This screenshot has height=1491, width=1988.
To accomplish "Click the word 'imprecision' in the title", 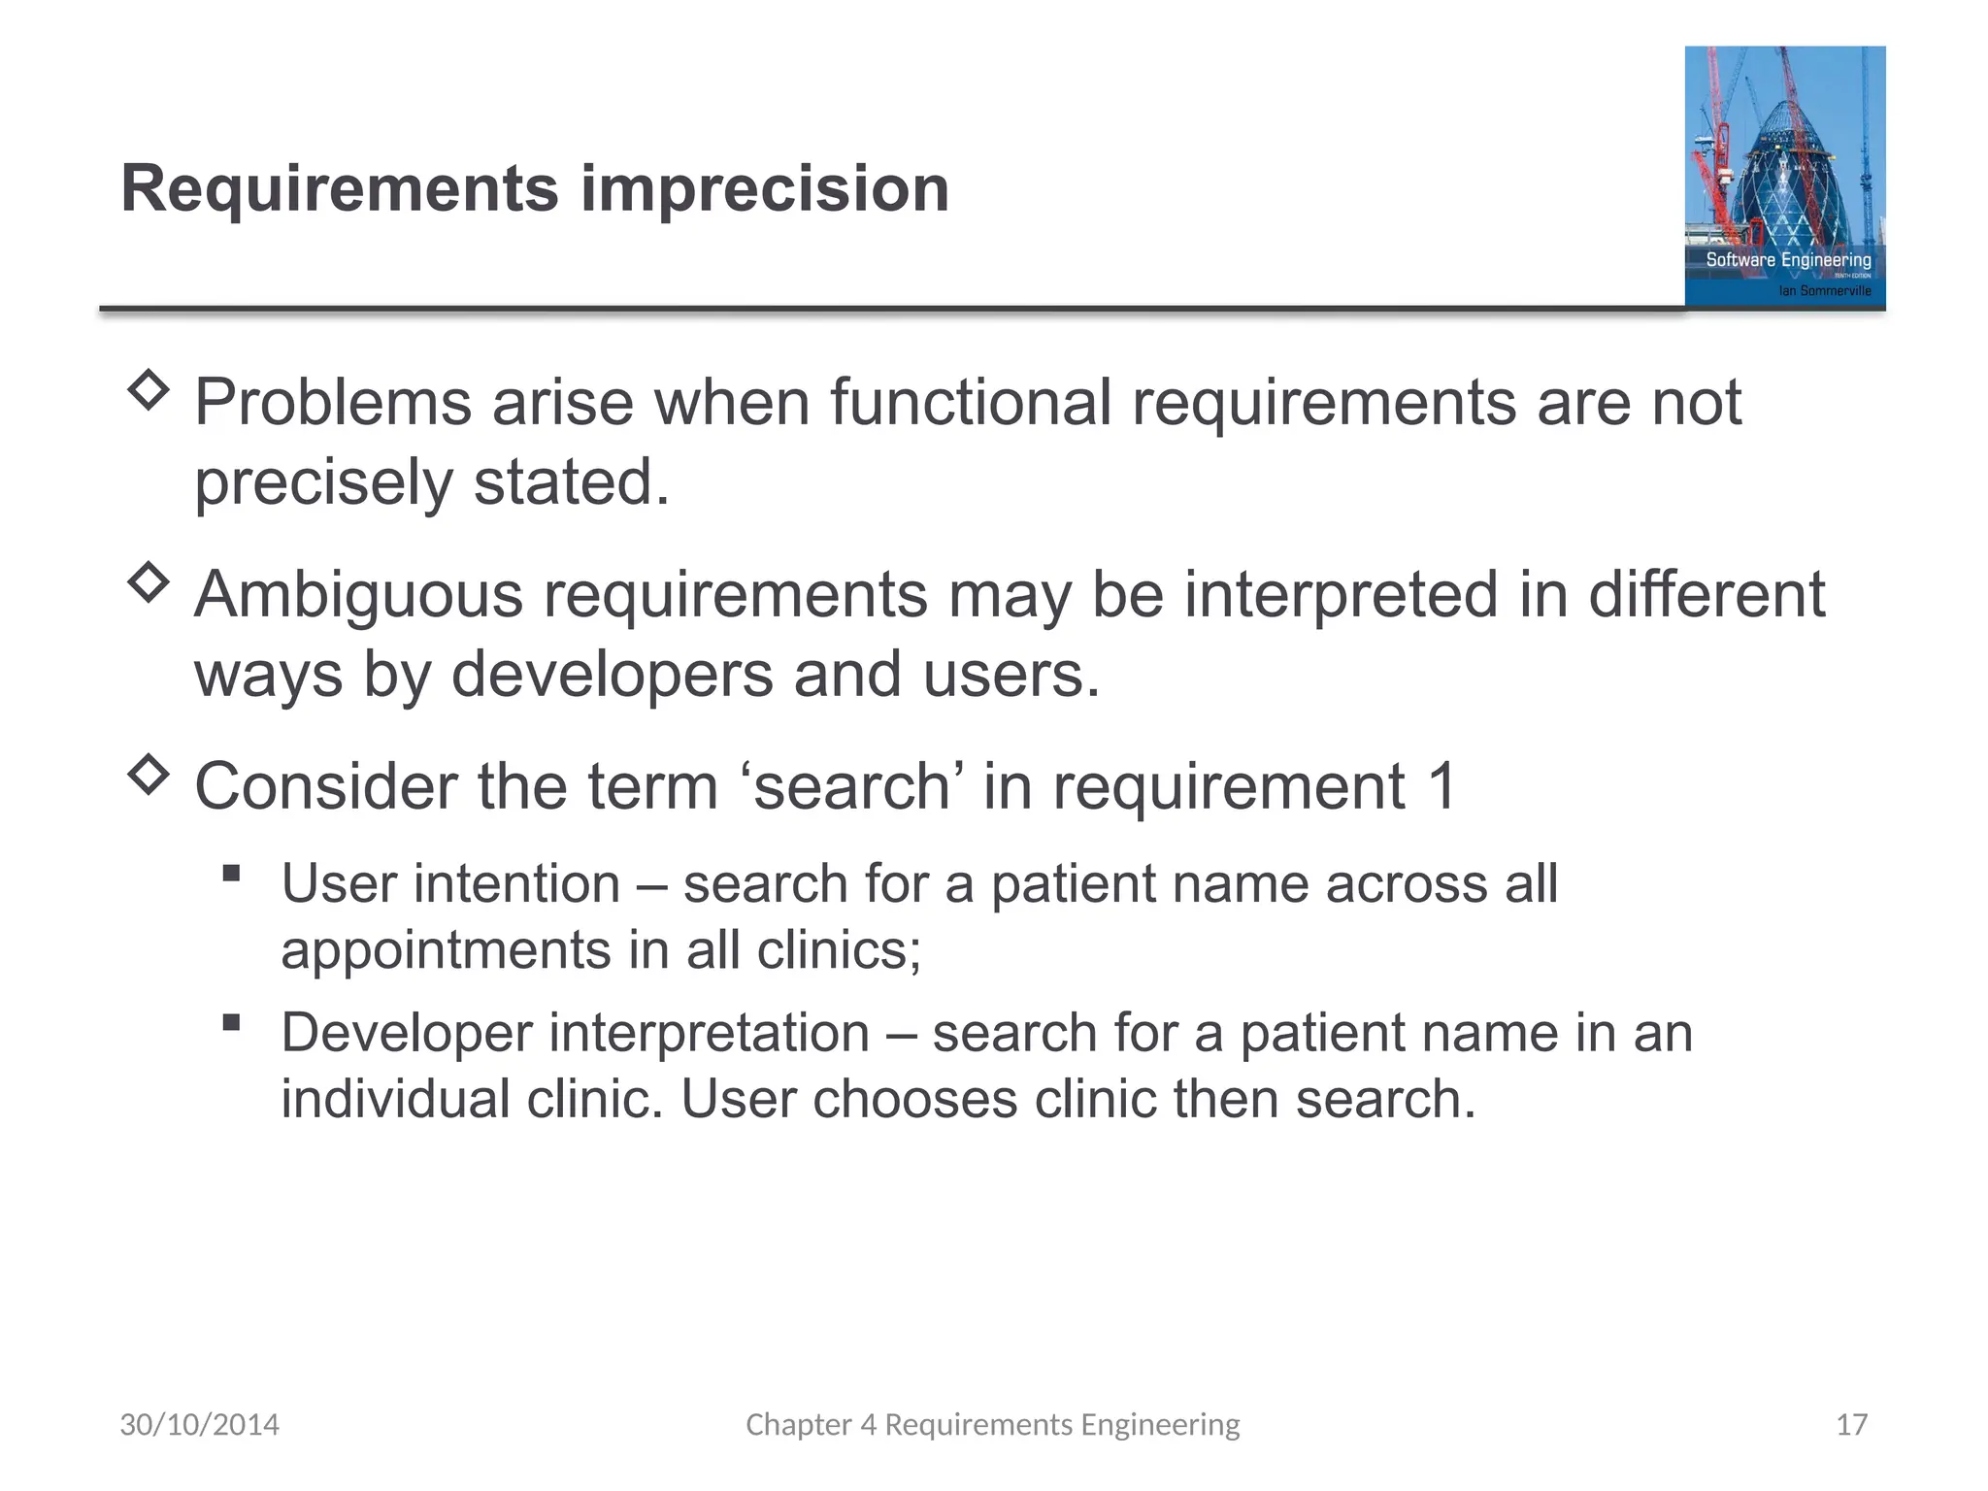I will pos(764,188).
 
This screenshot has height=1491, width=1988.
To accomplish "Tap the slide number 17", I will pos(1851,1424).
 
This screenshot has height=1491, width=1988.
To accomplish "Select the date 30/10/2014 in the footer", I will pos(199,1424).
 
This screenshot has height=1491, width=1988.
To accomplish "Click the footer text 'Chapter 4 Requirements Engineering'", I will pos(992,1424).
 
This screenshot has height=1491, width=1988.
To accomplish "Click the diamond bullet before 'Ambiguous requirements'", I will pos(149,582).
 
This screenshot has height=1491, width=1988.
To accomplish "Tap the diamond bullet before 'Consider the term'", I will pos(149,774).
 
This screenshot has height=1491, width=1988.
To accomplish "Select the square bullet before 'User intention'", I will pos(231,873).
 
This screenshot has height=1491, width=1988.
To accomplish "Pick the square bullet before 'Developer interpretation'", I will pos(231,1021).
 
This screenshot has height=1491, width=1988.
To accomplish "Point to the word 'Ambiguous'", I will pos(358,594).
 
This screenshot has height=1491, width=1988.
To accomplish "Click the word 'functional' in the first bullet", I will pos(970,402).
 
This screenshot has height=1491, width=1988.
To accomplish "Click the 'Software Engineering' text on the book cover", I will pos(1788,259).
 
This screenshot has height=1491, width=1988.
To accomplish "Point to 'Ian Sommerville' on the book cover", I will pos(1824,290).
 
